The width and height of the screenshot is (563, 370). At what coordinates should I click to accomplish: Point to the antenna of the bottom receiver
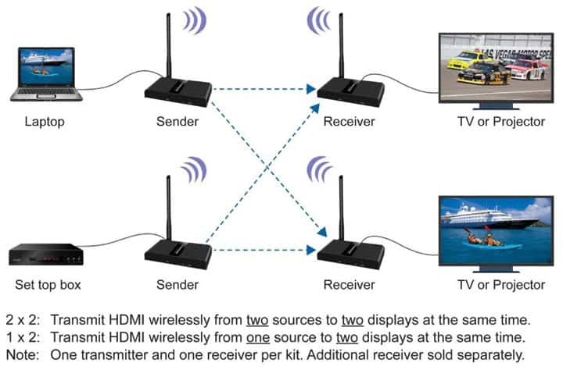(341, 207)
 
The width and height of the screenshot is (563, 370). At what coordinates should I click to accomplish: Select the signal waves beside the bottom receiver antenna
(318, 170)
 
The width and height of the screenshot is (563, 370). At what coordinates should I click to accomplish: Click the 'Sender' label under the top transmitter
(178, 122)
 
